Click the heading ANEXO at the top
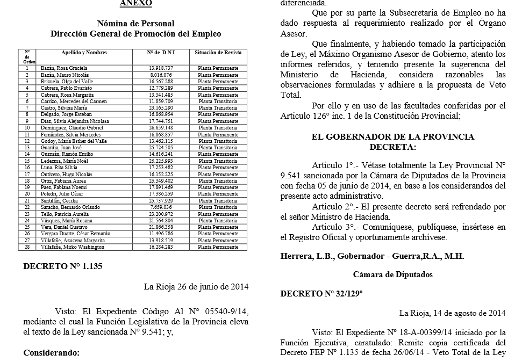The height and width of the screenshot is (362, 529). (x=135, y=3)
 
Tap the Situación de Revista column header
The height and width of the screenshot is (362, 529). (x=218, y=53)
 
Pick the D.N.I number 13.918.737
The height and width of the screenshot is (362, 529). (x=161, y=69)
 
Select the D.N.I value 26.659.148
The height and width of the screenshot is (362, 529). (x=161, y=128)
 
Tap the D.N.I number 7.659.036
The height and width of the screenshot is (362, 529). (x=161, y=207)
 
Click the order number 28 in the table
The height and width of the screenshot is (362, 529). (x=27, y=247)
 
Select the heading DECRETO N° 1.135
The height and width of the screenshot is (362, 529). (x=63, y=266)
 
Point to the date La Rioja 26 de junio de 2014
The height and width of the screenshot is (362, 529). (x=196, y=286)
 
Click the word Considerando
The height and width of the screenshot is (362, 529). (x=51, y=353)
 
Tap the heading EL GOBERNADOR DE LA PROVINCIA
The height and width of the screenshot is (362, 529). (x=393, y=137)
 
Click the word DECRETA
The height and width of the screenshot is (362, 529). (x=392, y=147)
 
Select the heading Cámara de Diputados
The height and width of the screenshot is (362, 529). (x=393, y=274)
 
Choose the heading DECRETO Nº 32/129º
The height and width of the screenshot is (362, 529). (x=321, y=293)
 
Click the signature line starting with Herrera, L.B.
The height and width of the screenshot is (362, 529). (x=372, y=256)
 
